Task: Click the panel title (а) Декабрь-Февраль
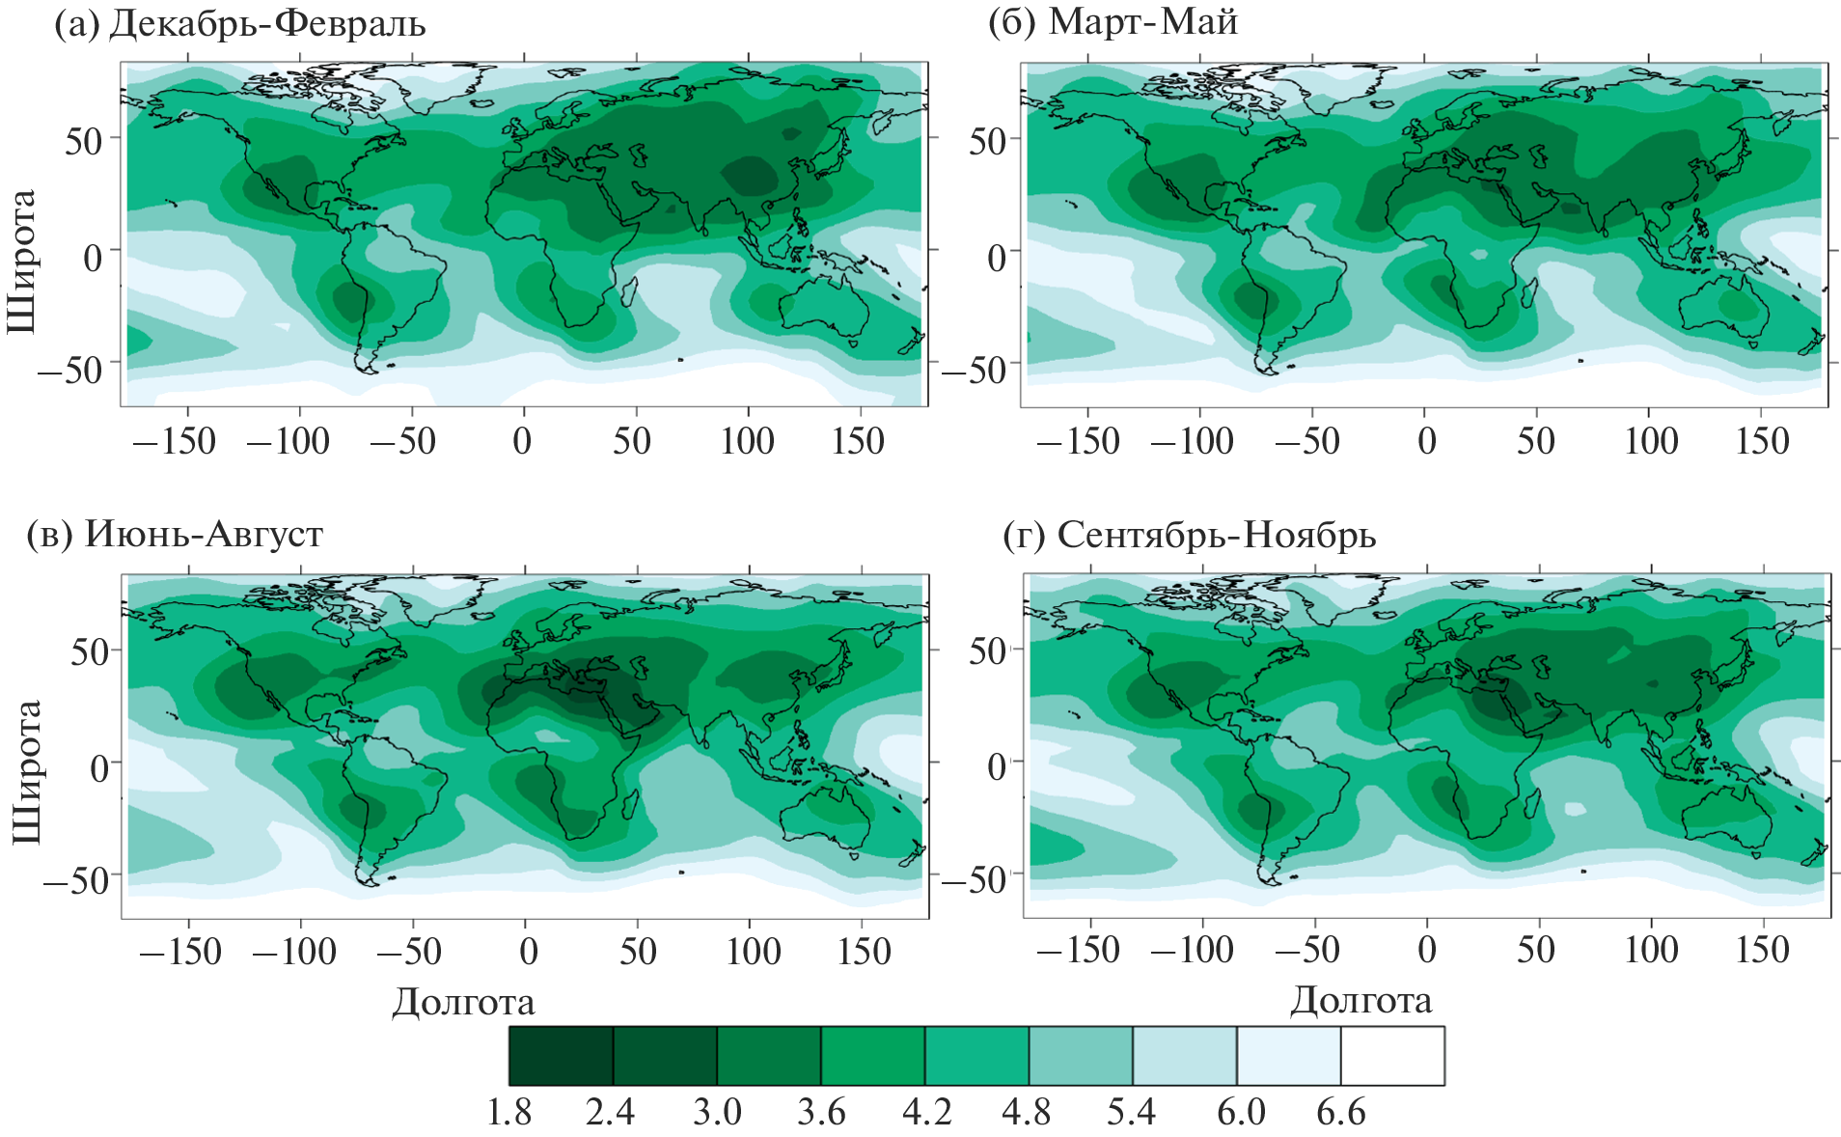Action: [240, 23]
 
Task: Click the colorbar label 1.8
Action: [508, 1113]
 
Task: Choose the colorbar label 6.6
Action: [1341, 1113]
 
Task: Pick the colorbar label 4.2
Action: [926, 1113]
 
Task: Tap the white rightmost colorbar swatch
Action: [1392, 1056]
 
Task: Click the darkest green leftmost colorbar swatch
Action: [561, 1056]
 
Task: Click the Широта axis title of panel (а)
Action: [21, 262]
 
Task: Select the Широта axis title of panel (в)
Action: [26, 772]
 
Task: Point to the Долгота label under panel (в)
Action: [463, 1002]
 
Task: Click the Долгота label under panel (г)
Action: [1360, 1000]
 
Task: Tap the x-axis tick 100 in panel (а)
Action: [747, 442]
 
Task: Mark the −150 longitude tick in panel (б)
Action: [1078, 442]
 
